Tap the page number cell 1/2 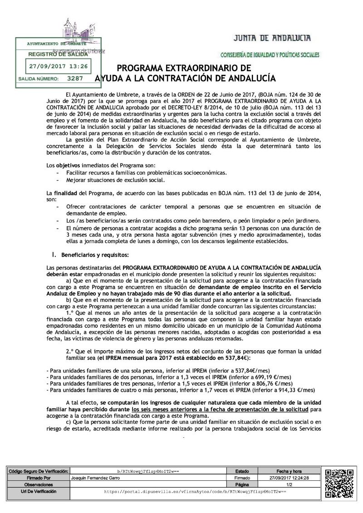pos(289,484)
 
